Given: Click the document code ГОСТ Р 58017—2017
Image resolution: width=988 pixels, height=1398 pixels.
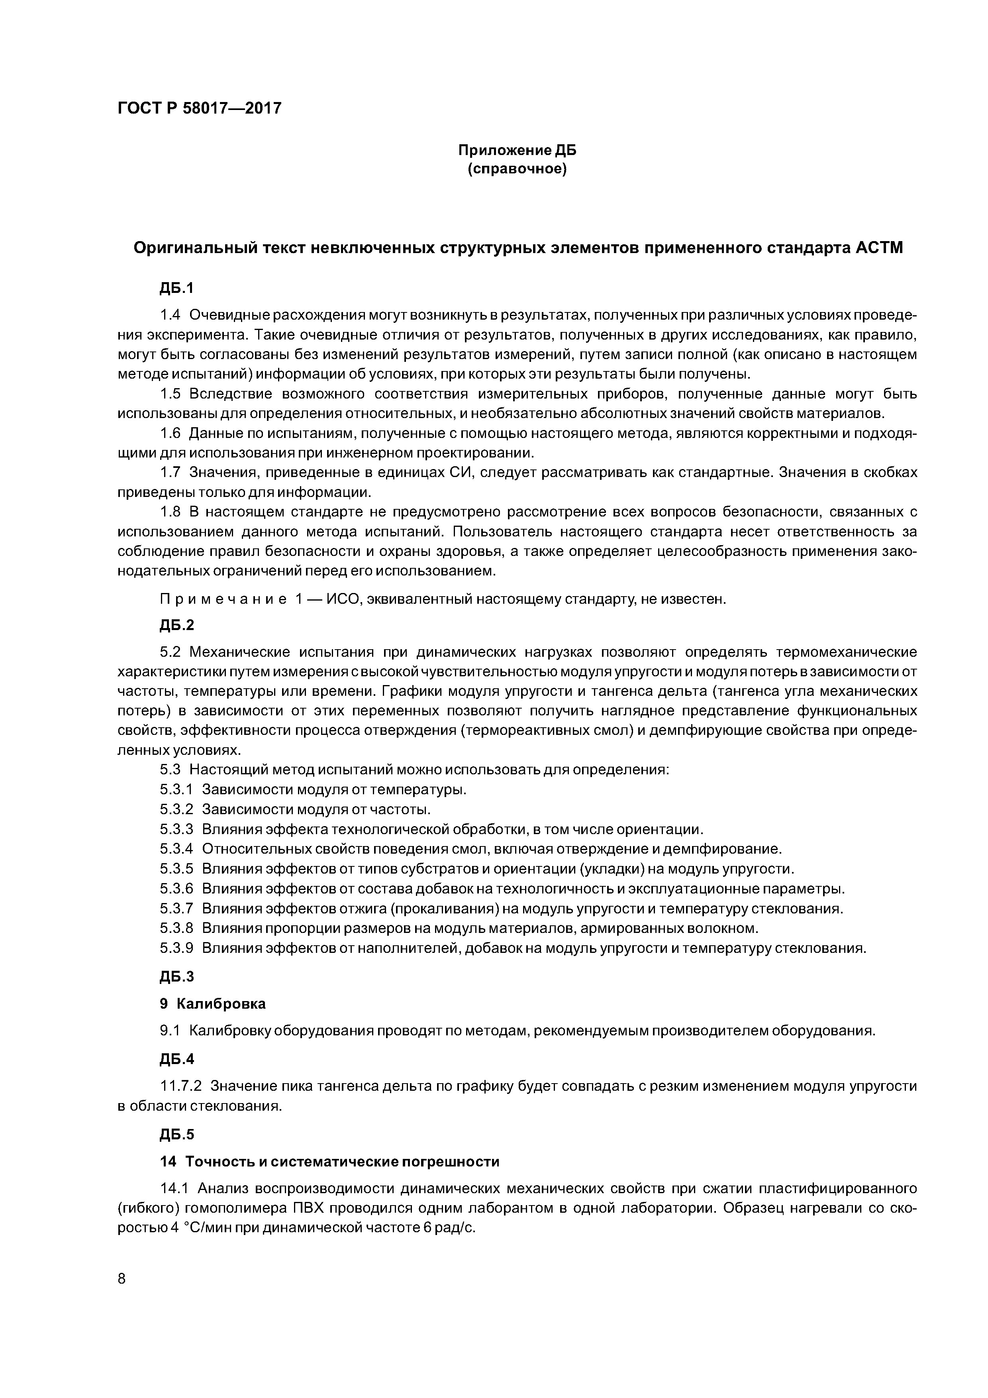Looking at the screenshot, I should point(199,108).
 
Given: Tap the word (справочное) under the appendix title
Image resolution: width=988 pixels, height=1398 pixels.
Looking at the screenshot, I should point(517,169).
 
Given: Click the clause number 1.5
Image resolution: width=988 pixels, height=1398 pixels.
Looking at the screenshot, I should point(171,394).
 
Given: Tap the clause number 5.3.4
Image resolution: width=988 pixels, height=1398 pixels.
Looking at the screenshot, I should point(176,849).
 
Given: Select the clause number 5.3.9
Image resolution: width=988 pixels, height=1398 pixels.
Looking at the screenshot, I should point(176,948).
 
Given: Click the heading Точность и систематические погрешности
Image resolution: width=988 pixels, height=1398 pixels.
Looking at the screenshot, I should point(342,1161).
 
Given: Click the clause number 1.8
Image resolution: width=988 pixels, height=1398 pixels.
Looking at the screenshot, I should point(171,512).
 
